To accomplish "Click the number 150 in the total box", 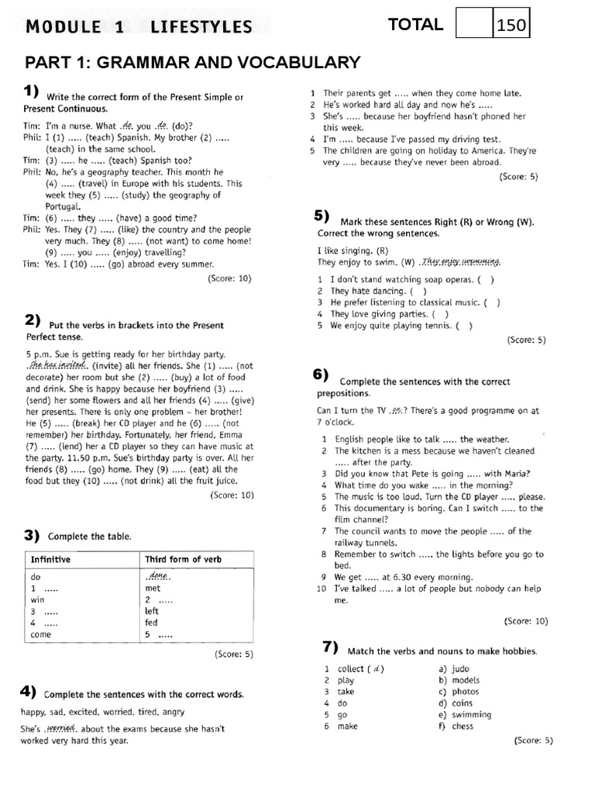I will point(511,26).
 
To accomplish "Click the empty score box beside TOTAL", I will point(474,25).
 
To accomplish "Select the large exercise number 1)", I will point(32,92).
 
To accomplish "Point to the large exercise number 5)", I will point(322,216).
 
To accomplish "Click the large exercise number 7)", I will point(331,647).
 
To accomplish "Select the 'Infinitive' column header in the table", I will point(50,559).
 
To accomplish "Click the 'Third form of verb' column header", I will point(183,559).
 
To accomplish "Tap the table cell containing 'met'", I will point(153,589).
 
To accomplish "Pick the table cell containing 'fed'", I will point(152,623).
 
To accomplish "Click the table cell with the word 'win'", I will point(37,600).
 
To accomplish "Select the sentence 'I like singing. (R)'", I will point(353,250).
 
